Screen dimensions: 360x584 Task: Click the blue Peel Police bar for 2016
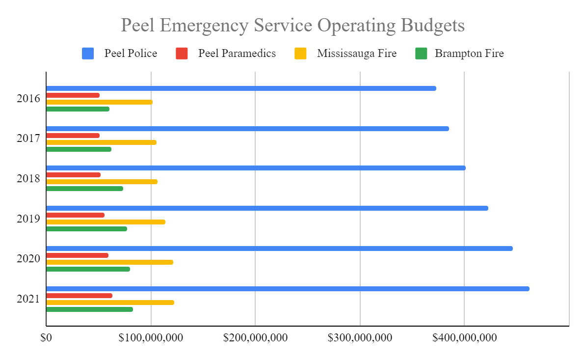pos(241,88)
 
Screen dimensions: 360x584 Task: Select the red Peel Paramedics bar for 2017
pos(73,136)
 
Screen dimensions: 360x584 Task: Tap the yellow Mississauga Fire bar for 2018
pos(102,182)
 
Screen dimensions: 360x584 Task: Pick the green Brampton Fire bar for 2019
pos(87,229)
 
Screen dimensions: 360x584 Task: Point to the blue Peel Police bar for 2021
pos(288,289)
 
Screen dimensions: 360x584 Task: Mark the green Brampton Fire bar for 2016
pos(78,109)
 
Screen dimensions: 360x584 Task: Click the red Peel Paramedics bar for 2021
pos(80,296)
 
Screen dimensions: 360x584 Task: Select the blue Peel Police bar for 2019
pos(267,208)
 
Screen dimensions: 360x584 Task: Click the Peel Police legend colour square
pos(88,54)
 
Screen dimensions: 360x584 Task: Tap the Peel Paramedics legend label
pos(237,54)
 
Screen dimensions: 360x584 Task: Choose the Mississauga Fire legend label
pos(356,54)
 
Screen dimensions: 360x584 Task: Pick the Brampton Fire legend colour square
pos(422,54)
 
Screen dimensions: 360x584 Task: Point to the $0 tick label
pos(46,338)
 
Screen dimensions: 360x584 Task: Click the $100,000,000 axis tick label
pos(151,338)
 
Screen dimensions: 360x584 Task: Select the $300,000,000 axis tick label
pos(360,338)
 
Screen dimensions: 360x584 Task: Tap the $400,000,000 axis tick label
pos(464,338)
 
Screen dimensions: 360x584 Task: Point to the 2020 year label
pos(28,258)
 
